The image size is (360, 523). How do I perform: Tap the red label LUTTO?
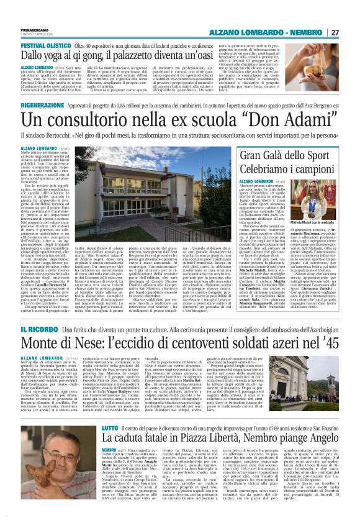110,411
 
